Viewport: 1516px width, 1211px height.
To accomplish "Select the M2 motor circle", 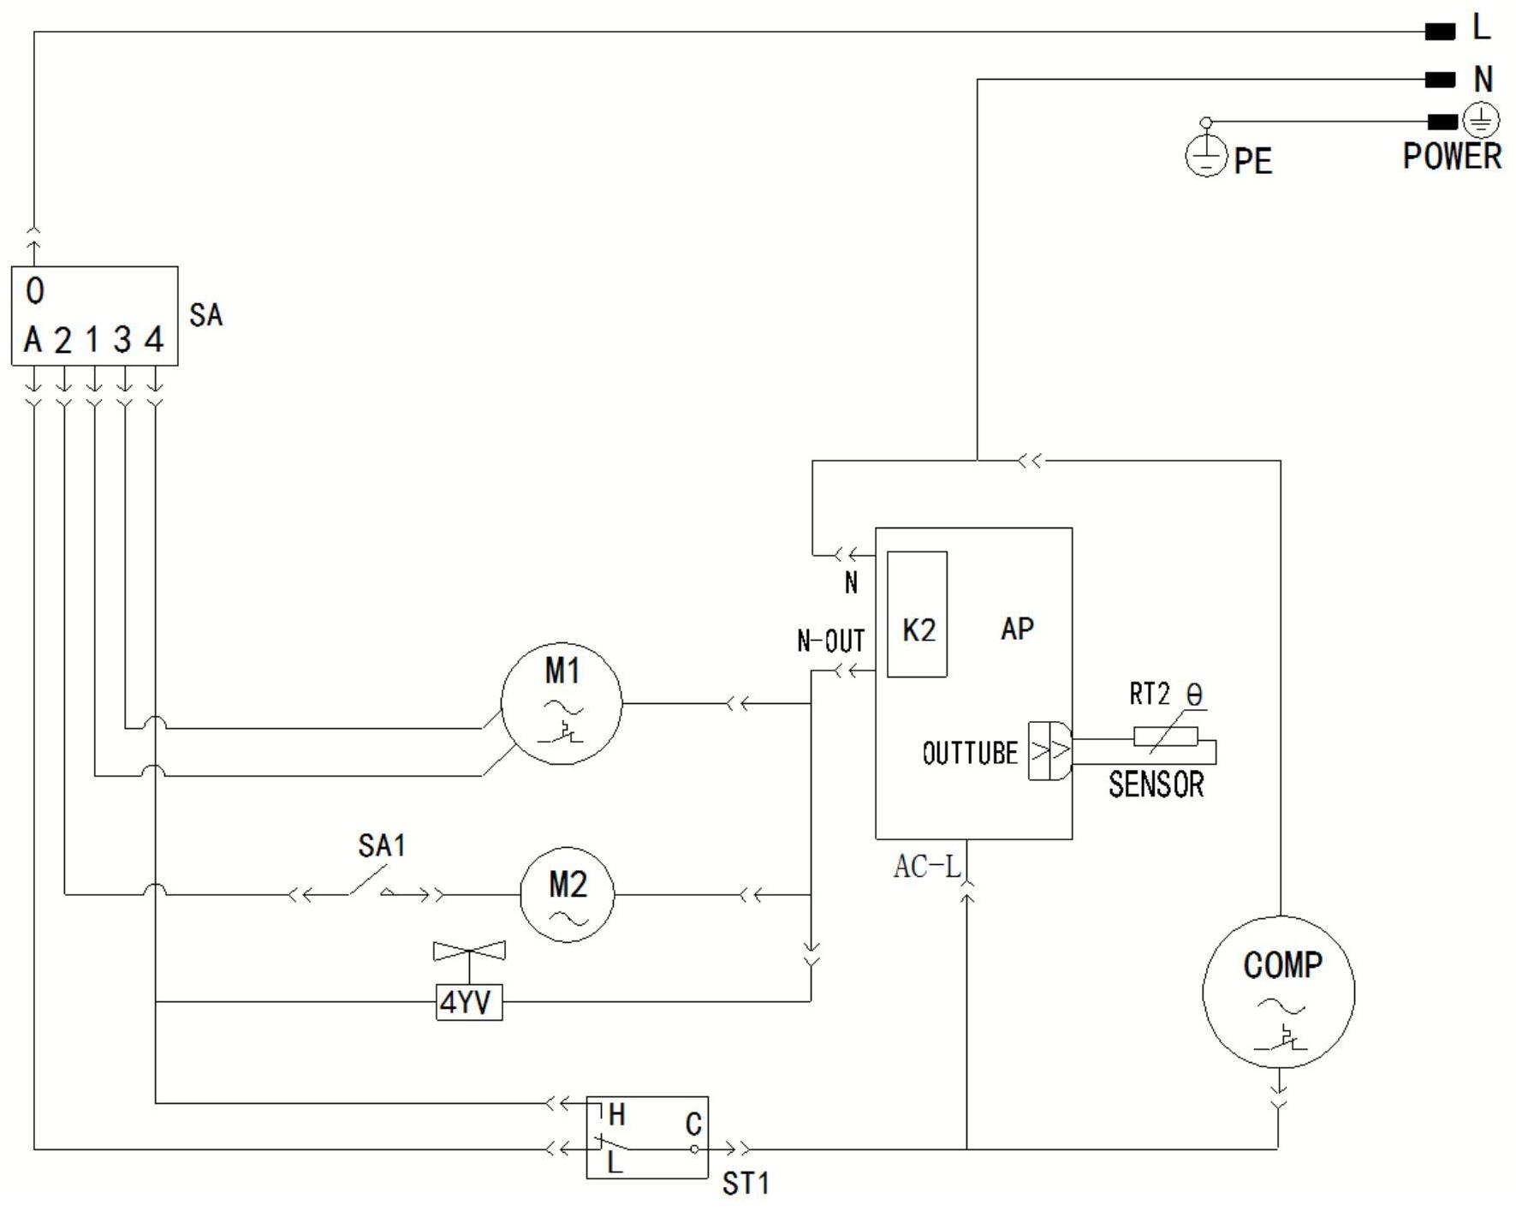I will [568, 895].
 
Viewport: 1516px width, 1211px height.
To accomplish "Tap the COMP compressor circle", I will [1279, 991].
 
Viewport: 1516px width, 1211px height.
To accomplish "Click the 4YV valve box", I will [469, 1002].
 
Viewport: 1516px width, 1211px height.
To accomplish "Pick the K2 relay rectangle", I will [917, 614].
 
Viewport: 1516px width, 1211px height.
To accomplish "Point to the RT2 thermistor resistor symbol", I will [1165, 737].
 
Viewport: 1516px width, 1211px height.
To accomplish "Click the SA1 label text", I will [382, 846].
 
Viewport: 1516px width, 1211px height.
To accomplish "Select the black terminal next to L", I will [1440, 32].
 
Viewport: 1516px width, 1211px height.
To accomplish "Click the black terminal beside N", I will [1440, 80].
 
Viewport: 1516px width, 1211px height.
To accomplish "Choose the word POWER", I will [1452, 157].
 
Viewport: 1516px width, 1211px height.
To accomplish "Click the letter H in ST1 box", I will [616, 1114].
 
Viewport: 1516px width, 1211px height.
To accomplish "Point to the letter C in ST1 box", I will [693, 1124].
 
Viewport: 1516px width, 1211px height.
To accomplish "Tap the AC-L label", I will [927, 867].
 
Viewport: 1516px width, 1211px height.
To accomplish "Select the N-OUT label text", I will [830, 641].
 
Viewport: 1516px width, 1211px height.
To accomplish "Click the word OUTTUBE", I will [970, 754].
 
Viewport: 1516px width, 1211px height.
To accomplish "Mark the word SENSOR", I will [1156, 784].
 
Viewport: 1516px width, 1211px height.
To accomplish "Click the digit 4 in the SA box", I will [154, 340].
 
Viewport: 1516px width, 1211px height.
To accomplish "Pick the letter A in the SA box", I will [33, 340].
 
